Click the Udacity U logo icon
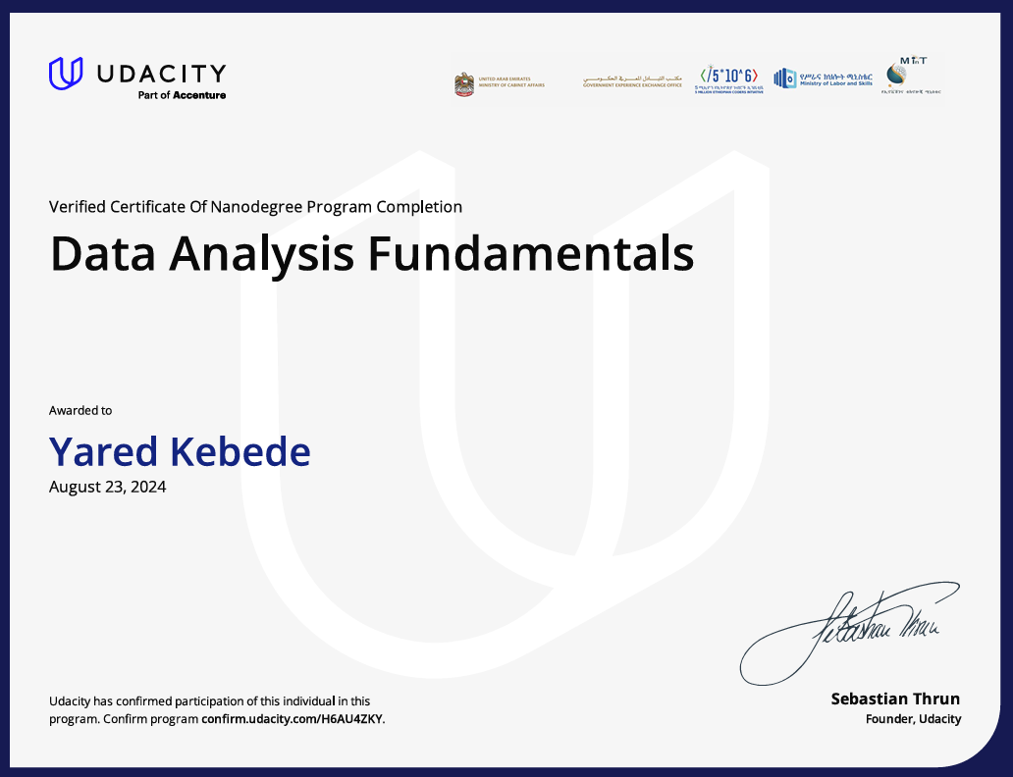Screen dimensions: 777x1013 [66, 74]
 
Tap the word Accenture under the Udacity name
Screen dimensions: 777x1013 [199, 95]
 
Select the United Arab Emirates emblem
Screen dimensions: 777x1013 [464, 83]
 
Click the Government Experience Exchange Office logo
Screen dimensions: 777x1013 [632, 80]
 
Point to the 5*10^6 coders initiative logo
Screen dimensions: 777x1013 [728, 79]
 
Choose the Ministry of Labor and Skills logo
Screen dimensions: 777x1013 [823, 78]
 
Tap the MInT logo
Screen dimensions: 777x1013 [912, 75]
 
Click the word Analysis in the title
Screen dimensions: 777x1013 [262, 253]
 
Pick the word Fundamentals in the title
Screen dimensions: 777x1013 [531, 253]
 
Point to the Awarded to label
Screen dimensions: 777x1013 [80, 410]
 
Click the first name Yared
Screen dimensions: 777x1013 [104, 451]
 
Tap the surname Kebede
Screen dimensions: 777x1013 [240, 451]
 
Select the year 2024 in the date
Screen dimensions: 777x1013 [147, 486]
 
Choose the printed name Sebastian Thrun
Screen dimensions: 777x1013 [895, 699]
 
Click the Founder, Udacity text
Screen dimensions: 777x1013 [913, 719]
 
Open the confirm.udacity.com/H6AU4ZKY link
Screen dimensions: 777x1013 [293, 719]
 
